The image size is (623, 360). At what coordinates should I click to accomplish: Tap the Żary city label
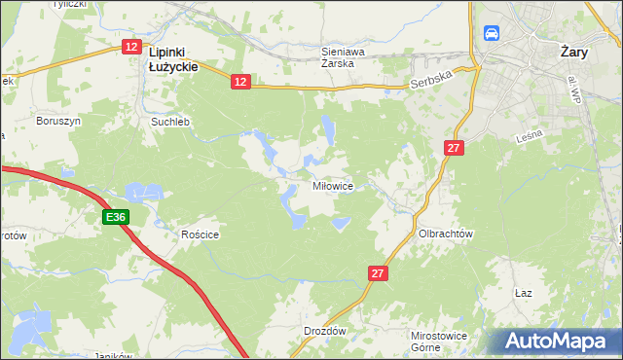(578, 54)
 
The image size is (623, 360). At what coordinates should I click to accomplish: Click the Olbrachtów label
(445, 234)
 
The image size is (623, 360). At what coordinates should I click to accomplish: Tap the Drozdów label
(324, 331)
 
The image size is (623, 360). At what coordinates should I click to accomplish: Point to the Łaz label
(523, 292)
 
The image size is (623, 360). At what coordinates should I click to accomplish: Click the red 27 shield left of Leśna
(454, 148)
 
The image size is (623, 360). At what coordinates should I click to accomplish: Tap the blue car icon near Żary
(492, 33)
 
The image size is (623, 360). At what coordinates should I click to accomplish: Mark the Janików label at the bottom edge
(113, 355)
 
